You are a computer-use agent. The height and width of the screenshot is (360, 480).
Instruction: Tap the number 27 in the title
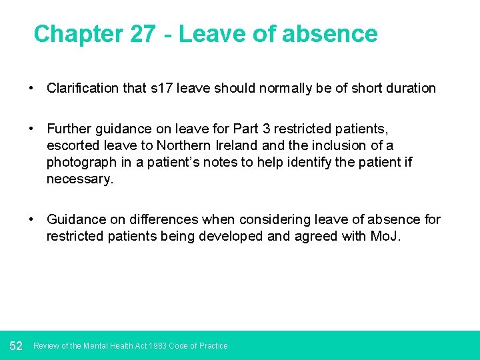(145, 34)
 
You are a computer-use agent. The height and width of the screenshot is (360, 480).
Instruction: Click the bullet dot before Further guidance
(31, 127)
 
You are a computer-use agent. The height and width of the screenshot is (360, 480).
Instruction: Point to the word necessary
(79, 179)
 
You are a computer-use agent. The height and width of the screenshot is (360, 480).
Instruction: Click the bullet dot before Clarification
(31, 88)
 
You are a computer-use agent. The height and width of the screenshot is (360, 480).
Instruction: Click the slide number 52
(17, 345)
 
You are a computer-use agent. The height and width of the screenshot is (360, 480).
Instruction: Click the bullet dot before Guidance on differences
(31, 219)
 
